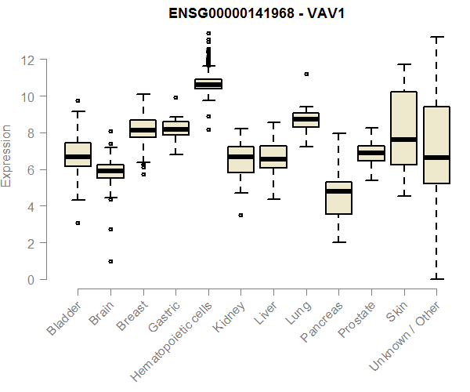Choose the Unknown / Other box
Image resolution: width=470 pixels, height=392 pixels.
[436, 145]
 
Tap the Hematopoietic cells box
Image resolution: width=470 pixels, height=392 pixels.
[208, 84]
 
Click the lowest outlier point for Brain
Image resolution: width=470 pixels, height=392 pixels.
[110, 261]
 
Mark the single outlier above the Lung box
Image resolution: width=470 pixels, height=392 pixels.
[306, 74]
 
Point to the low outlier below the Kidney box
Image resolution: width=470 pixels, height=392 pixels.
[240, 215]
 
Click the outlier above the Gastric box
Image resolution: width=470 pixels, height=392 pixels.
[175, 98]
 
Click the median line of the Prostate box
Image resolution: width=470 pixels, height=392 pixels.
[371, 152]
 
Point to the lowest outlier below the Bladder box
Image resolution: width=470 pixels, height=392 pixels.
[78, 223]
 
